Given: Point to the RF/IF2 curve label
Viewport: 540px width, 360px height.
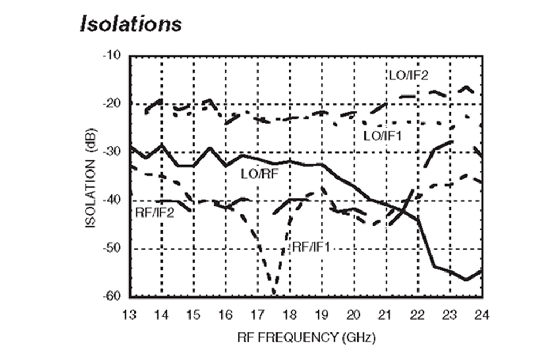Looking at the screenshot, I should click(x=153, y=212).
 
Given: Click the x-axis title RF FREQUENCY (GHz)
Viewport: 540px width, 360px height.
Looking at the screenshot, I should click(x=306, y=338).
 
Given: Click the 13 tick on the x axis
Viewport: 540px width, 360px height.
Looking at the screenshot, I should click(x=130, y=314).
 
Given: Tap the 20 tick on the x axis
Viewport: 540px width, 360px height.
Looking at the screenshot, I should click(x=354, y=314).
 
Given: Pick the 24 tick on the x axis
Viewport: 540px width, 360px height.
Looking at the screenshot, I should click(x=482, y=314).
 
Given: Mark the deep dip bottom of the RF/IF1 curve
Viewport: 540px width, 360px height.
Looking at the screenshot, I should click(x=274, y=293).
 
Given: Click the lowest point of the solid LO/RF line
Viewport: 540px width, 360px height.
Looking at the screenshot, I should click(x=466, y=280).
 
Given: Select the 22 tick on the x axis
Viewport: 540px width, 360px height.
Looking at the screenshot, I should click(x=418, y=314).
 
